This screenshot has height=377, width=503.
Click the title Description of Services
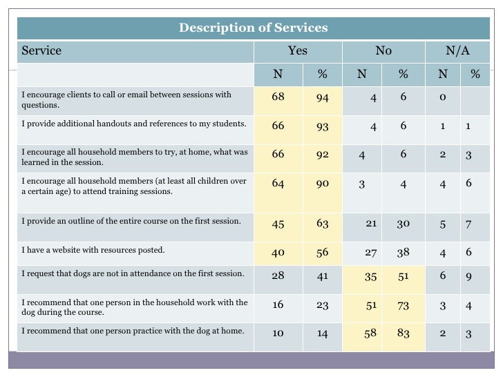point(253,28)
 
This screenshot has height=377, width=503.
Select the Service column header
point(41,51)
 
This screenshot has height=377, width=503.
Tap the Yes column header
point(298,51)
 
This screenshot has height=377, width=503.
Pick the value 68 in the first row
point(278,97)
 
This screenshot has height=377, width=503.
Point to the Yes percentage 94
point(323,97)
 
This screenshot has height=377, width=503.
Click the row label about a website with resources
point(93,250)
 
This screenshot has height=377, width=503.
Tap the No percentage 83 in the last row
point(403,333)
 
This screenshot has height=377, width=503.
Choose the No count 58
point(370,333)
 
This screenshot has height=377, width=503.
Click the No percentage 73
point(403,304)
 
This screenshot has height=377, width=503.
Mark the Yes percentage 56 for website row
point(323,253)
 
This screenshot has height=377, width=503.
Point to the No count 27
point(370,253)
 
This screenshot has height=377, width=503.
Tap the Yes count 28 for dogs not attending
point(278,275)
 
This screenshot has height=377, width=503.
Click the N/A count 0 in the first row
point(443,97)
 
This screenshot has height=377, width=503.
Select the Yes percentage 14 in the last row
point(323,333)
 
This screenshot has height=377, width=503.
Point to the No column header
point(383,51)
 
